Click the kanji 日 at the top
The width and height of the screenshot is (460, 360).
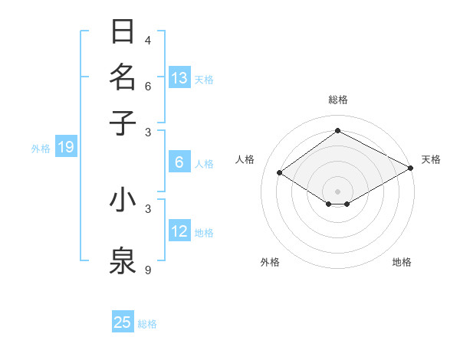[x=123, y=32]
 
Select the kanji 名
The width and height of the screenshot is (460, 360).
[x=123, y=77]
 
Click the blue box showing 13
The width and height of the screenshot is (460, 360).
[x=179, y=77]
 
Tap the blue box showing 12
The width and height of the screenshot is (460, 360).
[x=179, y=231]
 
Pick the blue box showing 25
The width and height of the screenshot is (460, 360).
[x=123, y=322]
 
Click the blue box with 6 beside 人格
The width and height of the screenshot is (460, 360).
[x=179, y=162]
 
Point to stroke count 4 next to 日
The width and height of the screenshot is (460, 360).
[x=148, y=40]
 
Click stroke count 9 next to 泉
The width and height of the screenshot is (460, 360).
[x=148, y=270]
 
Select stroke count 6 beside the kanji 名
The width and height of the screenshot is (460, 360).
[x=148, y=86]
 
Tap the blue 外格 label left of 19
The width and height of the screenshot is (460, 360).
[x=40, y=149]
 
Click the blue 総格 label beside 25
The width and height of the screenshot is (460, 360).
[x=147, y=324]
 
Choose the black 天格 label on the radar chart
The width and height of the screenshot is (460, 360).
[x=431, y=159]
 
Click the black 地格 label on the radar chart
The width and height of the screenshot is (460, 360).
[x=402, y=262]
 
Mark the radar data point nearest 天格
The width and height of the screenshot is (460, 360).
[x=411, y=168]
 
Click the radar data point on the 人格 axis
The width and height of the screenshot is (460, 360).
[x=280, y=173]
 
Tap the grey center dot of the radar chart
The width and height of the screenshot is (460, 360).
[x=337, y=191]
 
